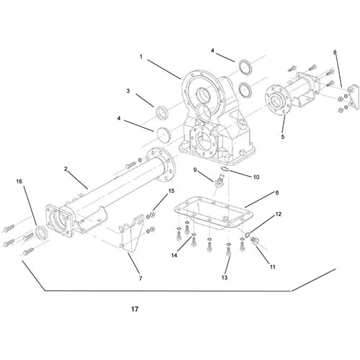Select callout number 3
click(x=128, y=91)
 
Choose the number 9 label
click(x=194, y=169)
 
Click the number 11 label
click(x=271, y=266)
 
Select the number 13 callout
click(x=225, y=277)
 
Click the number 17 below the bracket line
click(x=135, y=310)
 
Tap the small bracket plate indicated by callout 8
click(x=351, y=96)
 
